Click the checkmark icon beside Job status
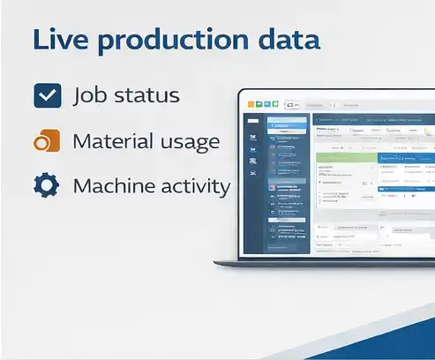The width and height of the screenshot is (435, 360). [46, 95]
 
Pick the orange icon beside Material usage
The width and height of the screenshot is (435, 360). [46, 141]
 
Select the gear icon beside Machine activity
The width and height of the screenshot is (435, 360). [46, 186]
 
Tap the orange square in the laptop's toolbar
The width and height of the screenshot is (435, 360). [251, 105]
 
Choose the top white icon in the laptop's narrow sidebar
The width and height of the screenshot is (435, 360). [253, 123]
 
